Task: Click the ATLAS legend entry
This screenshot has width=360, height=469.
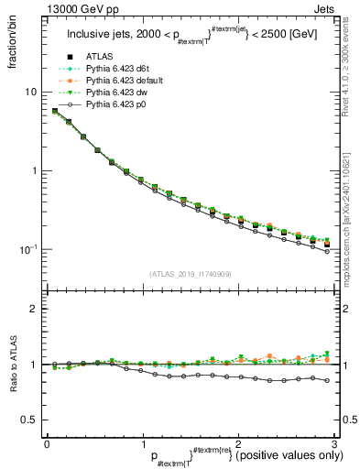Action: click(x=100, y=58)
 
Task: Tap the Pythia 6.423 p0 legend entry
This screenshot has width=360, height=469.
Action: click(x=115, y=106)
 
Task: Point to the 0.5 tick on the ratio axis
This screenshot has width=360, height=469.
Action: click(x=28, y=420)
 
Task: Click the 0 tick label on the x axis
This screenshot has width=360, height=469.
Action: click(x=47, y=444)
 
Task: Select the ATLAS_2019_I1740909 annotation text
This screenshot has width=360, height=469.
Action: click(x=190, y=274)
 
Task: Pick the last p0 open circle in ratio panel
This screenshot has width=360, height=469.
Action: click(x=326, y=380)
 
